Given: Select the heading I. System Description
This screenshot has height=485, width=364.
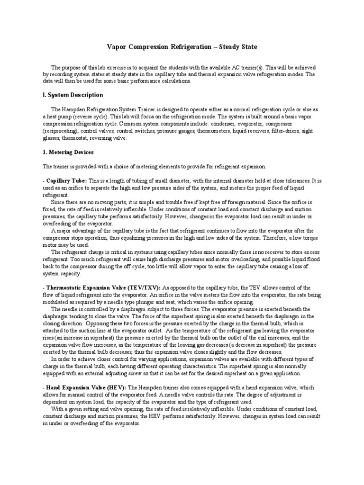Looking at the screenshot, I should point(73,95).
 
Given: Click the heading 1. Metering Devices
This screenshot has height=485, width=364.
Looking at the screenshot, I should point(68,152).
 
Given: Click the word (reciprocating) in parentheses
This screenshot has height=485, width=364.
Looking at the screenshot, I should point(60,131).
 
